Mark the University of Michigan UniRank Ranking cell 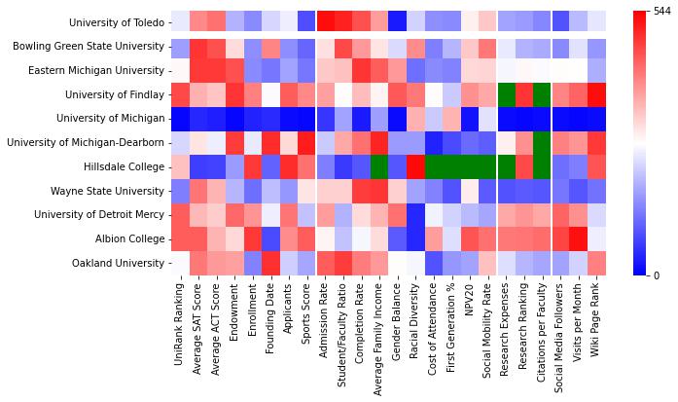pyautogui.click(x=180, y=119)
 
